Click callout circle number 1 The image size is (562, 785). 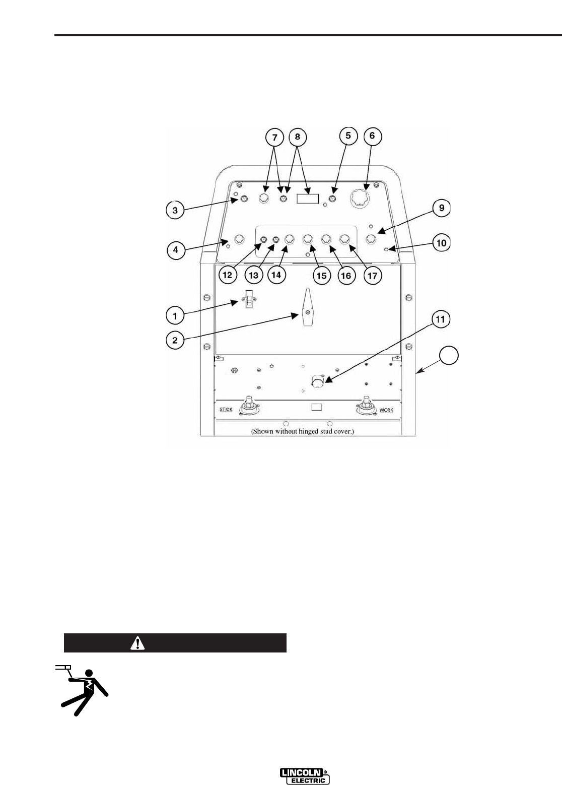[x=175, y=316]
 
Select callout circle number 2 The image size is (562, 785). [x=175, y=340]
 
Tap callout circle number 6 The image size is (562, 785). [x=372, y=136]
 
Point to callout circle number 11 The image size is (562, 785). [x=441, y=319]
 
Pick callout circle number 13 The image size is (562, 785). [x=254, y=275]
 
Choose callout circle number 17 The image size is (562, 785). [x=373, y=275]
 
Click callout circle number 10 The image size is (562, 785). [x=441, y=243]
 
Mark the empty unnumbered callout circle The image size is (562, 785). [x=449, y=356]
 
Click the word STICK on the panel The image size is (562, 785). [x=226, y=410]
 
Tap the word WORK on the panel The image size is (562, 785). [x=386, y=410]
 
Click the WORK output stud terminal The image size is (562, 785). [x=367, y=406]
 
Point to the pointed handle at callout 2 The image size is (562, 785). [x=307, y=308]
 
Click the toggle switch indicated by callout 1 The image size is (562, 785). [x=248, y=301]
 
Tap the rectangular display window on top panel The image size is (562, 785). [x=308, y=198]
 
